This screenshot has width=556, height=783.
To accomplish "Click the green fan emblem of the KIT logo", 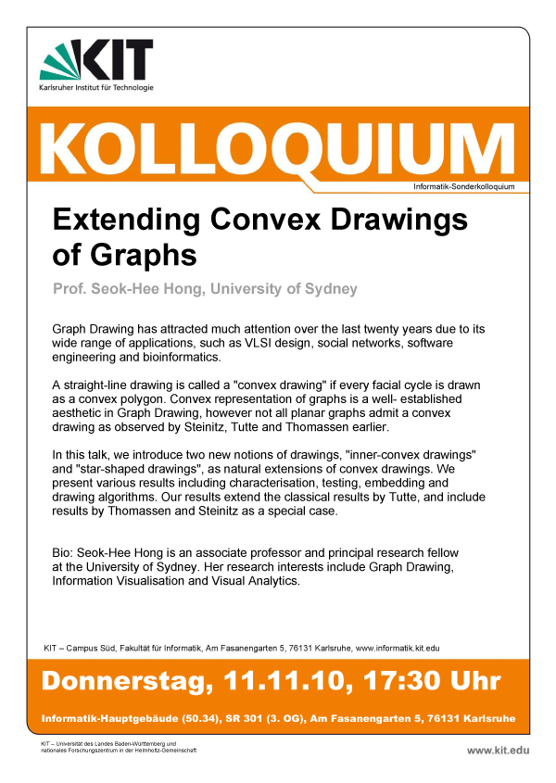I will pyautogui.click(x=60, y=60).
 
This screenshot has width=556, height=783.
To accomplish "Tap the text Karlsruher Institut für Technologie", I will pyautogui.click(x=96, y=88).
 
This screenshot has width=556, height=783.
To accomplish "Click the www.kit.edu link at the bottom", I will pyautogui.click(x=499, y=750).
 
